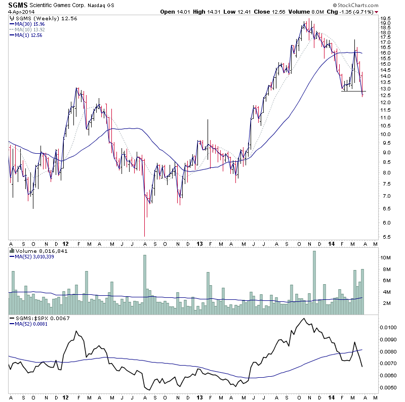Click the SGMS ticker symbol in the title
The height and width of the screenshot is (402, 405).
coord(17,5)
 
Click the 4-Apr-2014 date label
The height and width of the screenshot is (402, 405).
coord(19,12)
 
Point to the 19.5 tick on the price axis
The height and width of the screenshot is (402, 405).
coord(386,23)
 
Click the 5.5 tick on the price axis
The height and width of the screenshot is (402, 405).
coord(386,237)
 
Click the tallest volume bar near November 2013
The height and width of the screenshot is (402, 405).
coord(314,283)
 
